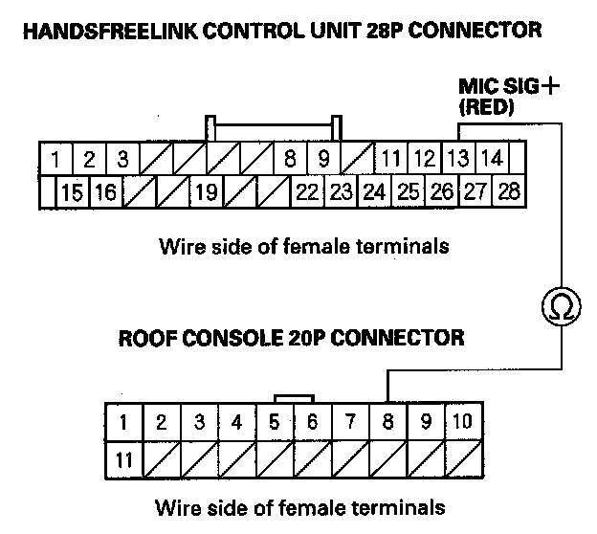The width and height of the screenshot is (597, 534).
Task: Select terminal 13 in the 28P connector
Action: [x=459, y=158]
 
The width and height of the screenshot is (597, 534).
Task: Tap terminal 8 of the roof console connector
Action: [x=388, y=421]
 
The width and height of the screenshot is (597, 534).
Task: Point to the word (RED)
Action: [x=487, y=108]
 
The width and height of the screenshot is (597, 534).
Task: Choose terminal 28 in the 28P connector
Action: [x=510, y=191]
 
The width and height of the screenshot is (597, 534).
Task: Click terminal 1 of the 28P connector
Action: [x=57, y=158]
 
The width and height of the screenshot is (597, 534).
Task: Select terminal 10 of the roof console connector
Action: [x=462, y=421]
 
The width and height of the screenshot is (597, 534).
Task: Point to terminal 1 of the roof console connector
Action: [x=123, y=421]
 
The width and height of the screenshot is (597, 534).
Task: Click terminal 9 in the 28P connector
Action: [x=323, y=158]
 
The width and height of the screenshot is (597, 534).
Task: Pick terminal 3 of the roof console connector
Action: [x=199, y=421]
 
